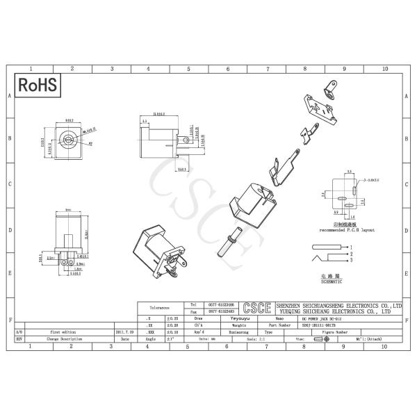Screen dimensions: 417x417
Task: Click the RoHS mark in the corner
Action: pyautogui.click(x=38, y=85)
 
